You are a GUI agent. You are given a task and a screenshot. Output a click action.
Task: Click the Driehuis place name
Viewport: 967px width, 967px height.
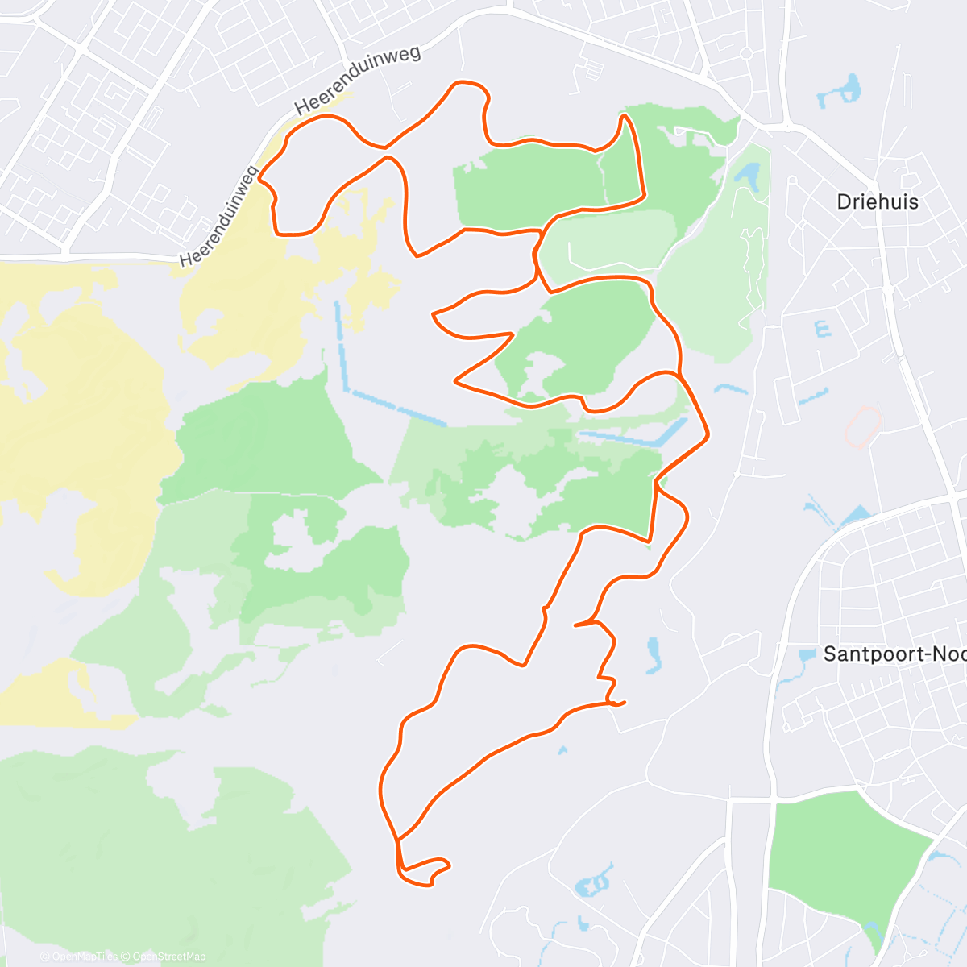pos(878,201)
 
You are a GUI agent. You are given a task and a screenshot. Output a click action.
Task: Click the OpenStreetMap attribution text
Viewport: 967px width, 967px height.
pos(169,957)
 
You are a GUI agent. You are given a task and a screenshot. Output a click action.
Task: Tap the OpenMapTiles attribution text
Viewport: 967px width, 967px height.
pos(84,957)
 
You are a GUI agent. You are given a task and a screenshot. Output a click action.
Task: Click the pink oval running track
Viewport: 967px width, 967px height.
pos(862,425)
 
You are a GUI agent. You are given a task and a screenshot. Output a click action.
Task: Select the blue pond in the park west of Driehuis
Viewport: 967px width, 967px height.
pos(748,173)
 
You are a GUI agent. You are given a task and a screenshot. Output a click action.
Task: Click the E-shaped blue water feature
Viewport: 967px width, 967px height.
pos(822,329)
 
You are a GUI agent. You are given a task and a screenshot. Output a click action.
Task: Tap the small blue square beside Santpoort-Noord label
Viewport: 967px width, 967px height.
pos(807,654)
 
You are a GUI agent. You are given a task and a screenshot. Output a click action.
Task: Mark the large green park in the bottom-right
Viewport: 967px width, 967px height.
pos(846,862)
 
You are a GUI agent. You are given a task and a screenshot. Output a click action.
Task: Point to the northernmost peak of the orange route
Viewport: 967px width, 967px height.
pos(469,83)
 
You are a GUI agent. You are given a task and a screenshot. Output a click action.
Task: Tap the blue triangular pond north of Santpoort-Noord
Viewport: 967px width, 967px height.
pos(857,513)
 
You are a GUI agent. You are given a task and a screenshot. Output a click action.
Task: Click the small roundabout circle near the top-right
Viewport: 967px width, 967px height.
pos(746,53)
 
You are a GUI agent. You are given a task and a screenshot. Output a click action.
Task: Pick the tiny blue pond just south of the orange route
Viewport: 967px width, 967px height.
pos(562,750)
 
